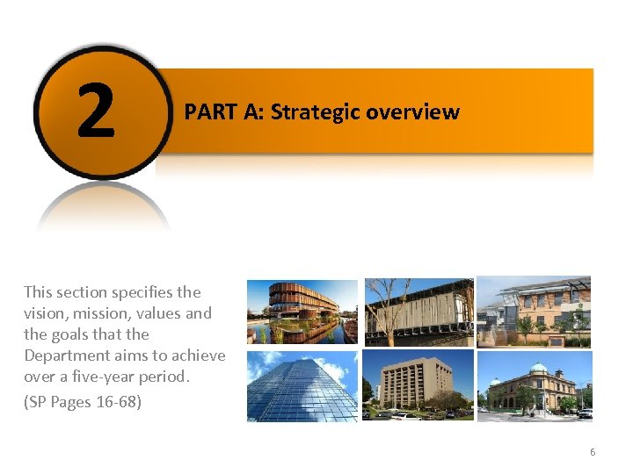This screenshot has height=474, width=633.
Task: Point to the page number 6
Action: [x=593, y=452]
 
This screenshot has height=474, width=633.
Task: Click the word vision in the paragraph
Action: [x=43, y=313]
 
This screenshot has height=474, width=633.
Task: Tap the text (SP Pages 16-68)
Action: [x=83, y=403]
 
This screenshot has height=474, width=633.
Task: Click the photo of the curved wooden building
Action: [x=302, y=312]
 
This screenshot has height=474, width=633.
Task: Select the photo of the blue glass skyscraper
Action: [x=302, y=385]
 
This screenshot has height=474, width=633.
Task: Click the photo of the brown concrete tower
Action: [x=418, y=385]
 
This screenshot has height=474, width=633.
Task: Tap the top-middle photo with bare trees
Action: [x=418, y=312]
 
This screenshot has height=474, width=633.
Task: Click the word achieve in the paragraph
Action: [x=199, y=355]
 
